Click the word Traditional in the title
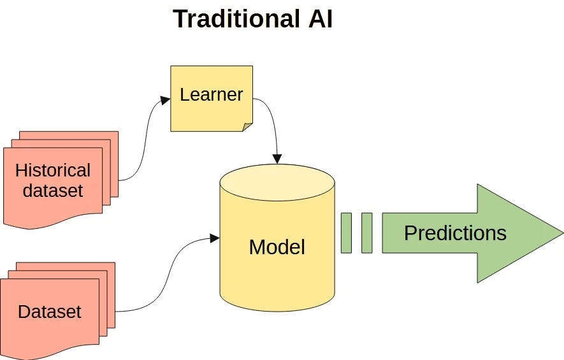coord(236,18)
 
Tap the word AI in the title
coord(321,18)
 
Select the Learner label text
coord(212,94)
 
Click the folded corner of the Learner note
coord(247,127)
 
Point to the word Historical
coord(53,170)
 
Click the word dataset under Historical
coord(53,191)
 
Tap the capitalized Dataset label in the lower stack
coord(50,312)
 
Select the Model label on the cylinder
coord(277,247)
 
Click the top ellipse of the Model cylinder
coord(277,183)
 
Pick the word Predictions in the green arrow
coord(456,233)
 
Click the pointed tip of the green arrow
coord(563,233)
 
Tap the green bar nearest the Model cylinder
coord(346,233)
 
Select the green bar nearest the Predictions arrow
coord(367,233)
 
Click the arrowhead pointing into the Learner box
coord(166,100)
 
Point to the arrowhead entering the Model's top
coord(277,159)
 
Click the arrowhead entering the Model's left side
coord(215,238)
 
